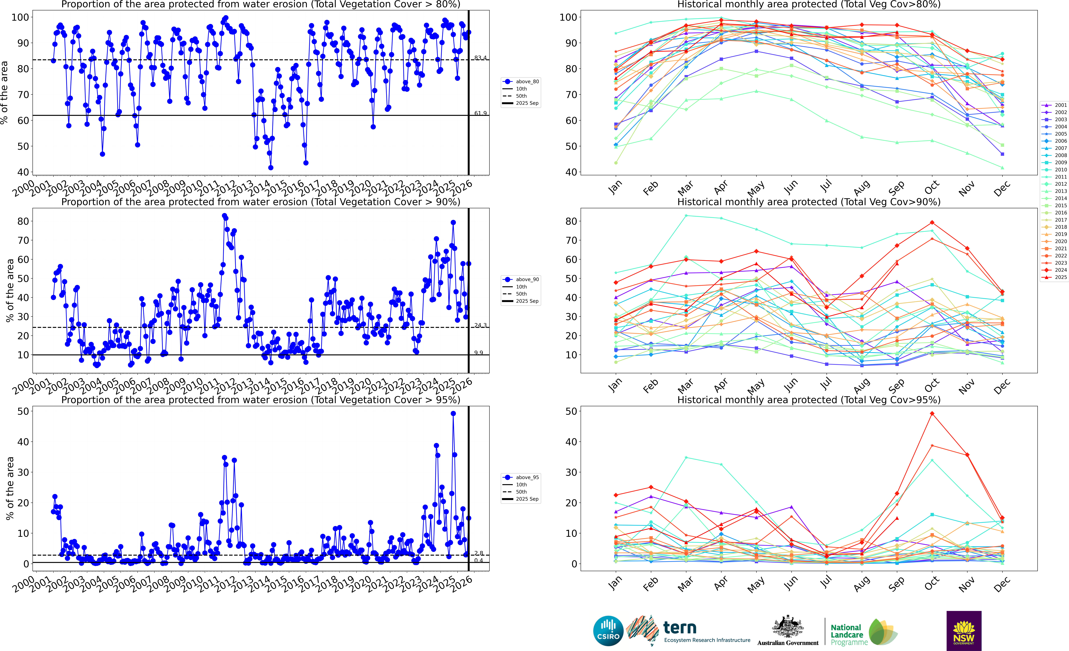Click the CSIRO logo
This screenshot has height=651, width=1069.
(x=608, y=631)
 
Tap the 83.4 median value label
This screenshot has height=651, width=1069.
(x=480, y=58)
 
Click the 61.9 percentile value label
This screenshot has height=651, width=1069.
(x=480, y=113)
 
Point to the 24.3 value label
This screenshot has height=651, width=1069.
(x=480, y=325)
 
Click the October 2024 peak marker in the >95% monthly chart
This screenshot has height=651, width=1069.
(x=932, y=414)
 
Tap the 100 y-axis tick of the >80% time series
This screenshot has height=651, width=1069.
(x=20, y=17)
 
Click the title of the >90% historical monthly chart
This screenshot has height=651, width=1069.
(x=809, y=202)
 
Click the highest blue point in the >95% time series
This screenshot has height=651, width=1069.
(x=453, y=414)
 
